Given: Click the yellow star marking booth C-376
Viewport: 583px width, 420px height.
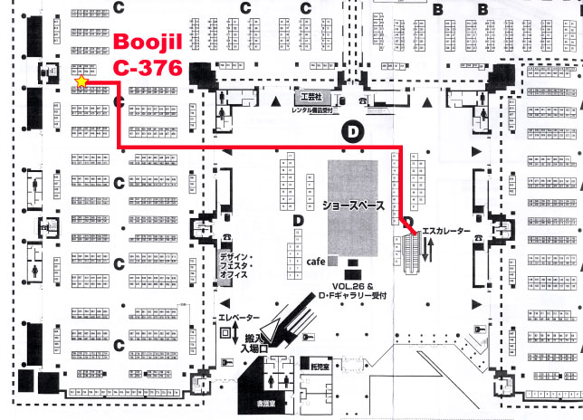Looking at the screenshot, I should point(81,81).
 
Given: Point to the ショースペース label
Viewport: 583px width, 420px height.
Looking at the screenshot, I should point(352,205).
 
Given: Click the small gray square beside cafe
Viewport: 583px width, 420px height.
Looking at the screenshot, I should point(333,261).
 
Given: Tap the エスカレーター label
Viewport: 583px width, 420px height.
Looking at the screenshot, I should point(447,232).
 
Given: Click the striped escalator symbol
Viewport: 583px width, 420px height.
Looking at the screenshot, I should point(411,244).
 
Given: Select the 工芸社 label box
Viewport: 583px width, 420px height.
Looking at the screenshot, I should point(311,95).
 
